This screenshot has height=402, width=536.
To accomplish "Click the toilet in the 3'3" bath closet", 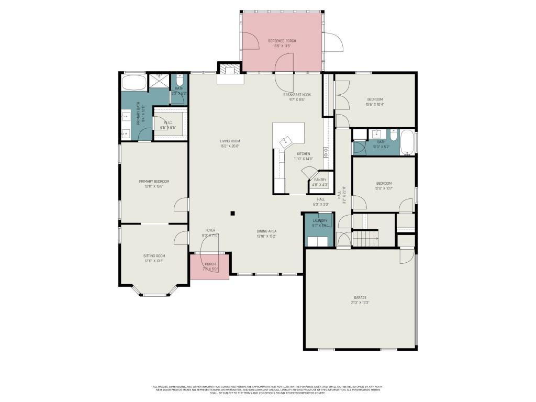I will coord(179,81).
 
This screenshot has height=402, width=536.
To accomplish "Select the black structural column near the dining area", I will coord(233,213).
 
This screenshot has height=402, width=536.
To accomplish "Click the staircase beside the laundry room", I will coord(365,239).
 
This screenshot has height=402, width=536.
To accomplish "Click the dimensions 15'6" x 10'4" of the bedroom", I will coord(374,104).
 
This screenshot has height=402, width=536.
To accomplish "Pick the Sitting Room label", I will coord(154,255).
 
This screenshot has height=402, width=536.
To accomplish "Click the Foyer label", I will coord(210,230).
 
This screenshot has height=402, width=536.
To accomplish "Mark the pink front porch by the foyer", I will coord(209,267).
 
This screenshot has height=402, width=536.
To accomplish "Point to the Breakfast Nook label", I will coord(297,95).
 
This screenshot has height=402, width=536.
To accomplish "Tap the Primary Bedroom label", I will coord(154,181).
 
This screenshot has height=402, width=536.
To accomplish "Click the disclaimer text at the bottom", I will coord(267,389).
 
